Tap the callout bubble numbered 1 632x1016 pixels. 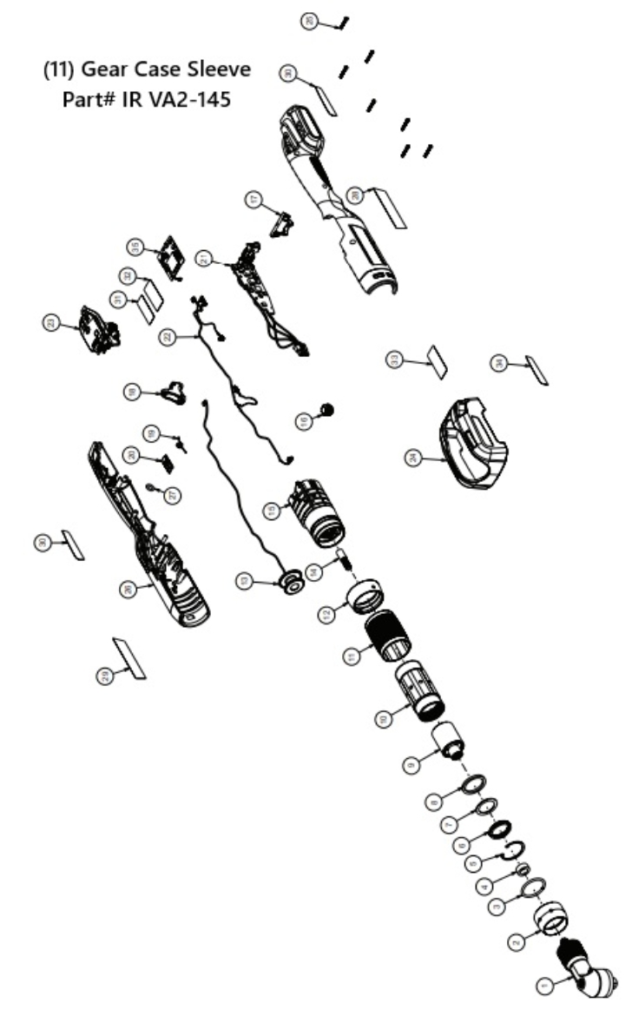coord(545,985)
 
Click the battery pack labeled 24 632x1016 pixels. coord(475,443)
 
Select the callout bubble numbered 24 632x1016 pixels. coord(412,457)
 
